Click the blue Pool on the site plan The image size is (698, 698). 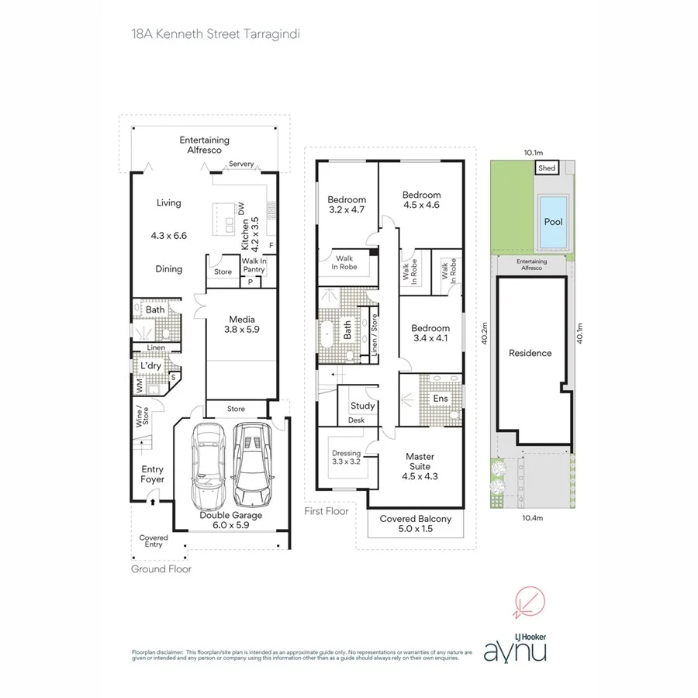553,221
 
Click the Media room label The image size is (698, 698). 243,324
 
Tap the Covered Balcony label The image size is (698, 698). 416,523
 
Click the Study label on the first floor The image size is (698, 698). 362,406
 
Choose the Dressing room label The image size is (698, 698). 347,458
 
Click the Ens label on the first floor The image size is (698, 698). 441,399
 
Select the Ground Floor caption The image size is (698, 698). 161,569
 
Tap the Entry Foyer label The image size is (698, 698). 152,474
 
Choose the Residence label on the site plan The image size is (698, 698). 530,353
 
